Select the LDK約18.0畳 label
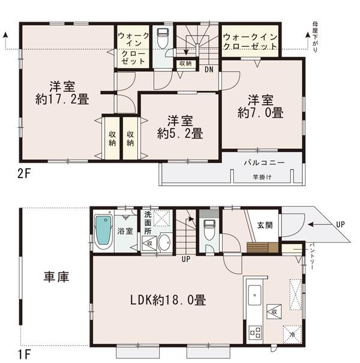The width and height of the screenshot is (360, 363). coord(170,299)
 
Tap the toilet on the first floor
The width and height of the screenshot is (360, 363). coord(209,230)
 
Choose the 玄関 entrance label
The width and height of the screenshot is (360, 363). coord(264,225)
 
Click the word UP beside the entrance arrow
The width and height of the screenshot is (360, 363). coord(340,224)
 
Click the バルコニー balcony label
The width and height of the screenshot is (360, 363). coord(264,163)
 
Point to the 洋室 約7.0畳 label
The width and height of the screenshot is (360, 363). coord(260,106)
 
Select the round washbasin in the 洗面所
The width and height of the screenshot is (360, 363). coord(164,243)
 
